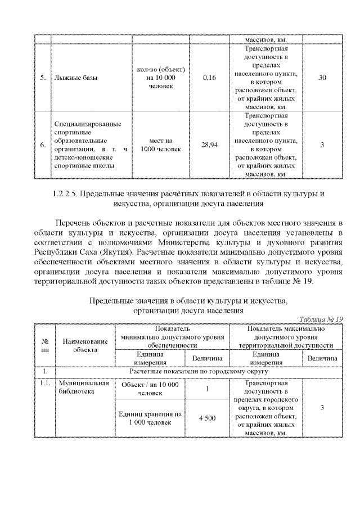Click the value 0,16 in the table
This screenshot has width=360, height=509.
click(x=209, y=78)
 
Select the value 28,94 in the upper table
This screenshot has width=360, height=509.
click(x=209, y=145)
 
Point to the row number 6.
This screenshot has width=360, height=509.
click(x=43, y=145)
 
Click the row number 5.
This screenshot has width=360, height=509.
click(x=43, y=78)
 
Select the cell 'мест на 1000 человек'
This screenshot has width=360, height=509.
click(x=164, y=145)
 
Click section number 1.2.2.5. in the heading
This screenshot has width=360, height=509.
click(x=65, y=194)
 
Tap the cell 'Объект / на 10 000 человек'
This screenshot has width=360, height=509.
click(x=150, y=388)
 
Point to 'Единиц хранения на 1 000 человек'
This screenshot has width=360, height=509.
click(x=150, y=418)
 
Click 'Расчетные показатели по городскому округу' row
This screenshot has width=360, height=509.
click(x=198, y=371)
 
